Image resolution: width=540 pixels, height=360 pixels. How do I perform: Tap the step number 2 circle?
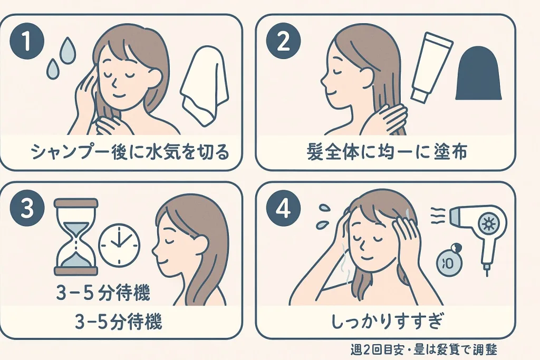[283, 42]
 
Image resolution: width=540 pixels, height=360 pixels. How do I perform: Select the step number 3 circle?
[27, 209]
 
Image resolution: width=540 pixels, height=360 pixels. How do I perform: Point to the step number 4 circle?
[283, 209]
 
